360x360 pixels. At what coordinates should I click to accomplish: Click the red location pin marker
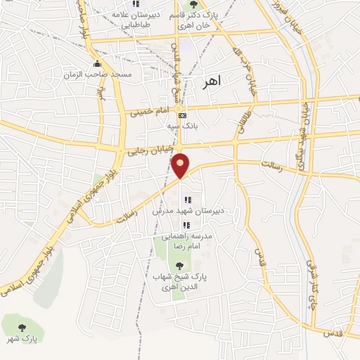182,165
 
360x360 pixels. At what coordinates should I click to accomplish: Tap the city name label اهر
210,81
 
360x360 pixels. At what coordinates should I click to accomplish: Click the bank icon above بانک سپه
183,115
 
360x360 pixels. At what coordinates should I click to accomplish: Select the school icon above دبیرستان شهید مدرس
187,200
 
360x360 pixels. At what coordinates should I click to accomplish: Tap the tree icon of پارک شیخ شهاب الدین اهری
179,265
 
